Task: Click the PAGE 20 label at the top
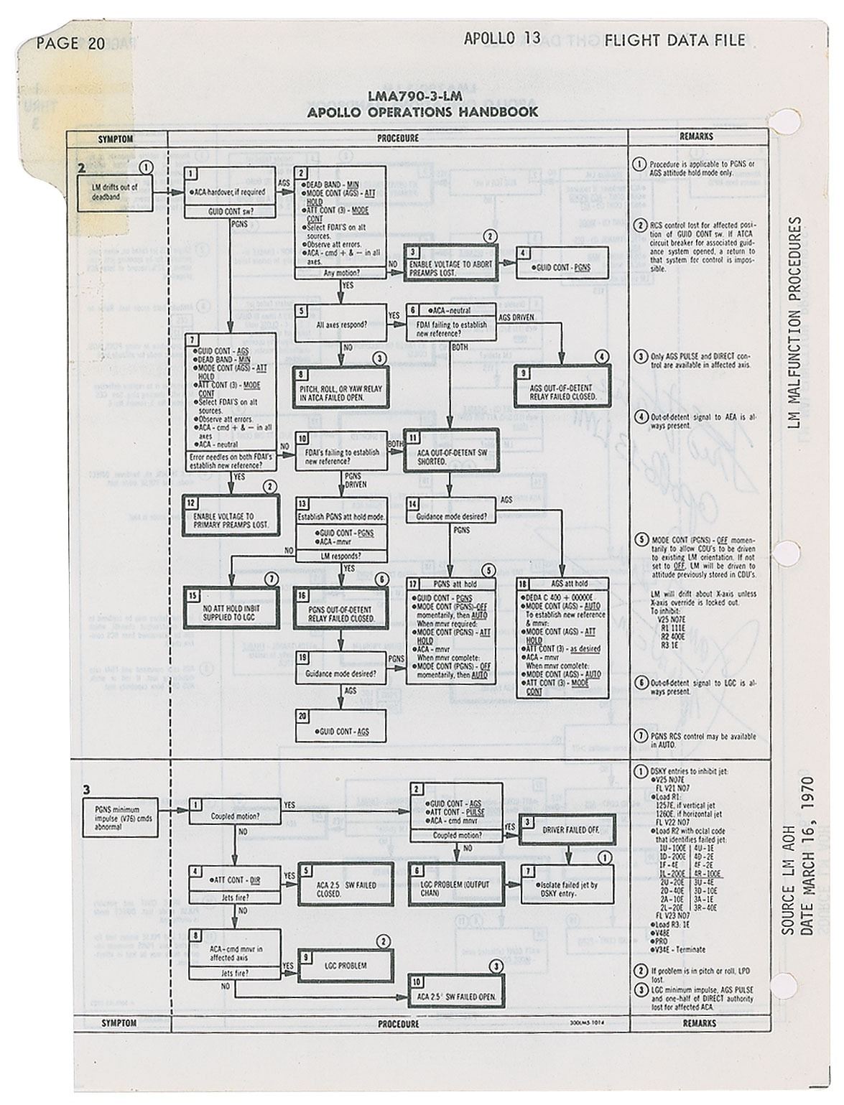(70, 42)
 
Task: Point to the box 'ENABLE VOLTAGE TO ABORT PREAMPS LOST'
(450, 264)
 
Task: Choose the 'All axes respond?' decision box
(341, 324)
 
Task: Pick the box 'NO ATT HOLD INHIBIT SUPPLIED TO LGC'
(230, 612)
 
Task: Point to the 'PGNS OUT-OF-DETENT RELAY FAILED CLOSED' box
(341, 612)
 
